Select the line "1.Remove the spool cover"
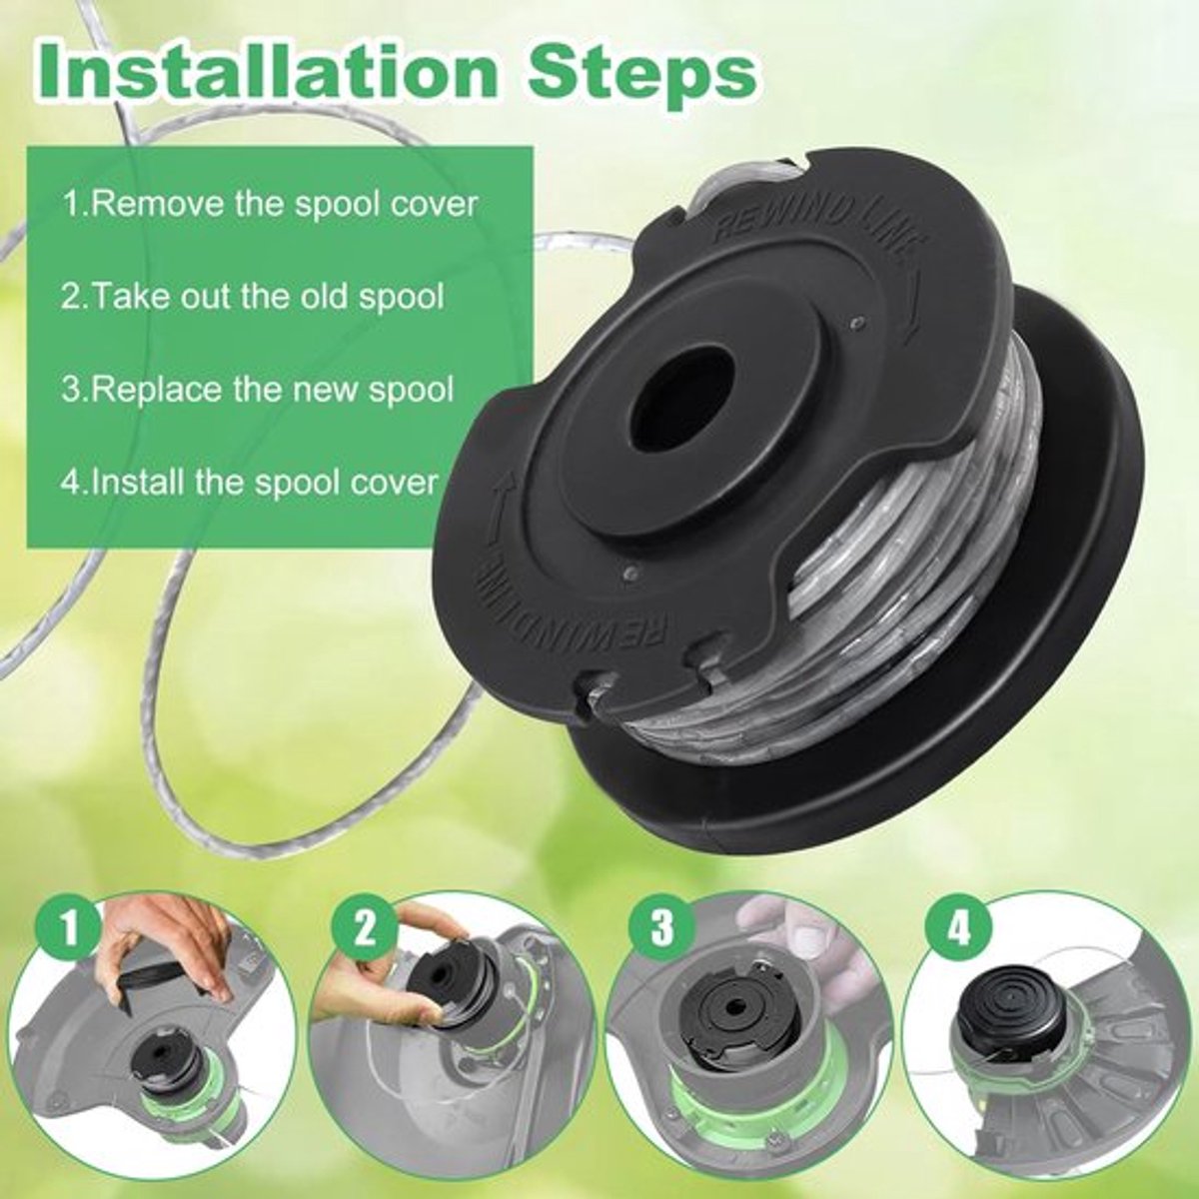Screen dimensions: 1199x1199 [270, 205]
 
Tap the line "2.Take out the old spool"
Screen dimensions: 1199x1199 [253, 297]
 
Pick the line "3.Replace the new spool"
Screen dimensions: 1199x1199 [258, 390]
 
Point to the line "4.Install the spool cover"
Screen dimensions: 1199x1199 [250, 483]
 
